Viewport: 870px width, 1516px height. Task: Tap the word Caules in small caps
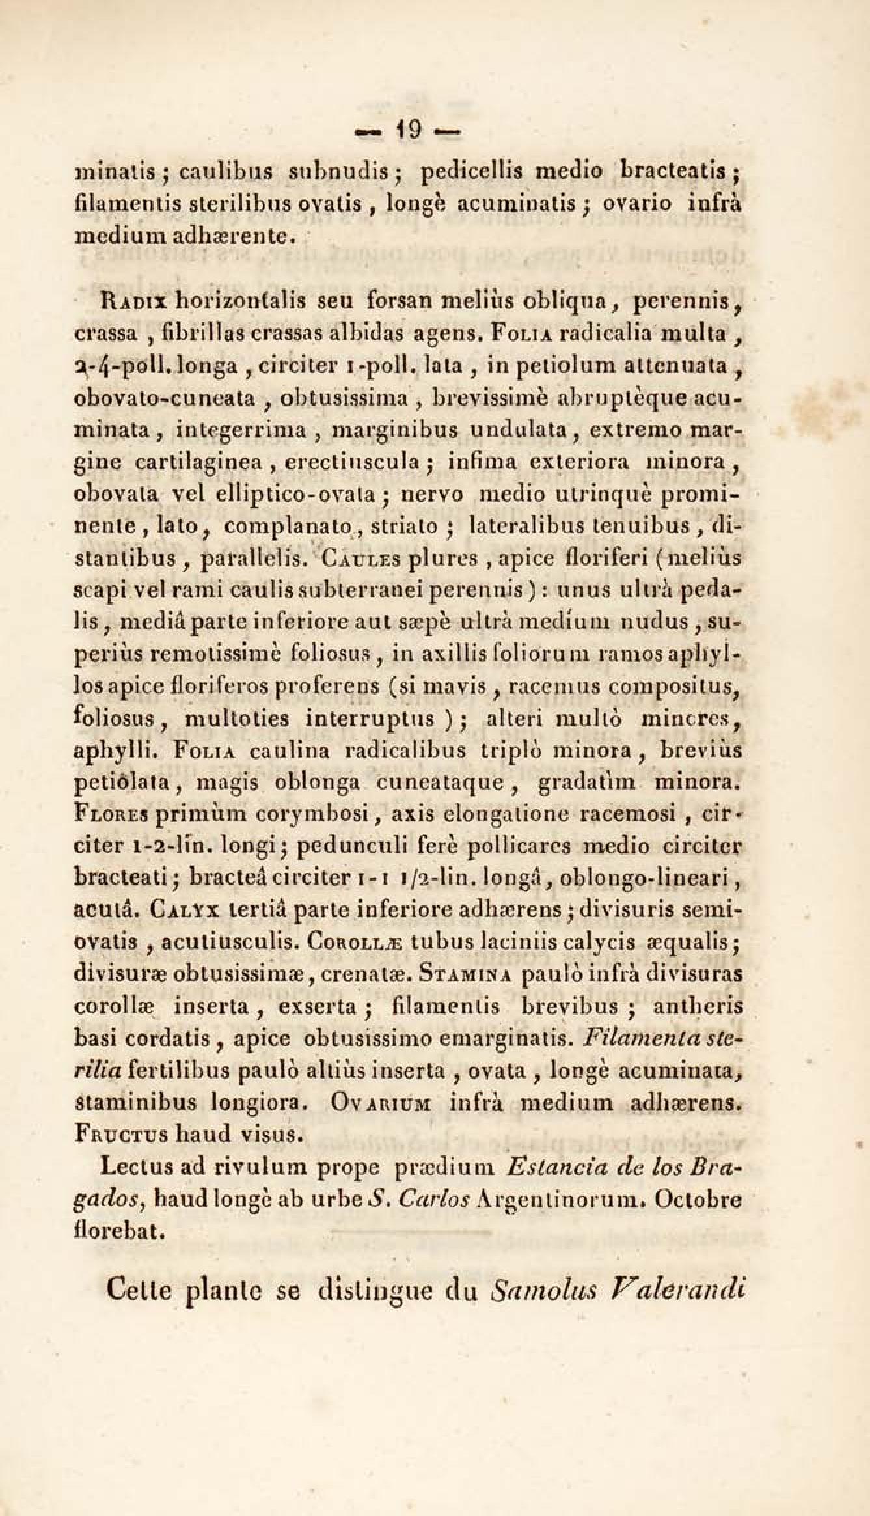pyautogui.click(x=357, y=559)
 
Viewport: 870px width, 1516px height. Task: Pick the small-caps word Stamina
pyautogui.click(x=467, y=974)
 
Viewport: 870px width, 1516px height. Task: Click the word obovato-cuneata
pyautogui.click(x=170, y=398)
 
